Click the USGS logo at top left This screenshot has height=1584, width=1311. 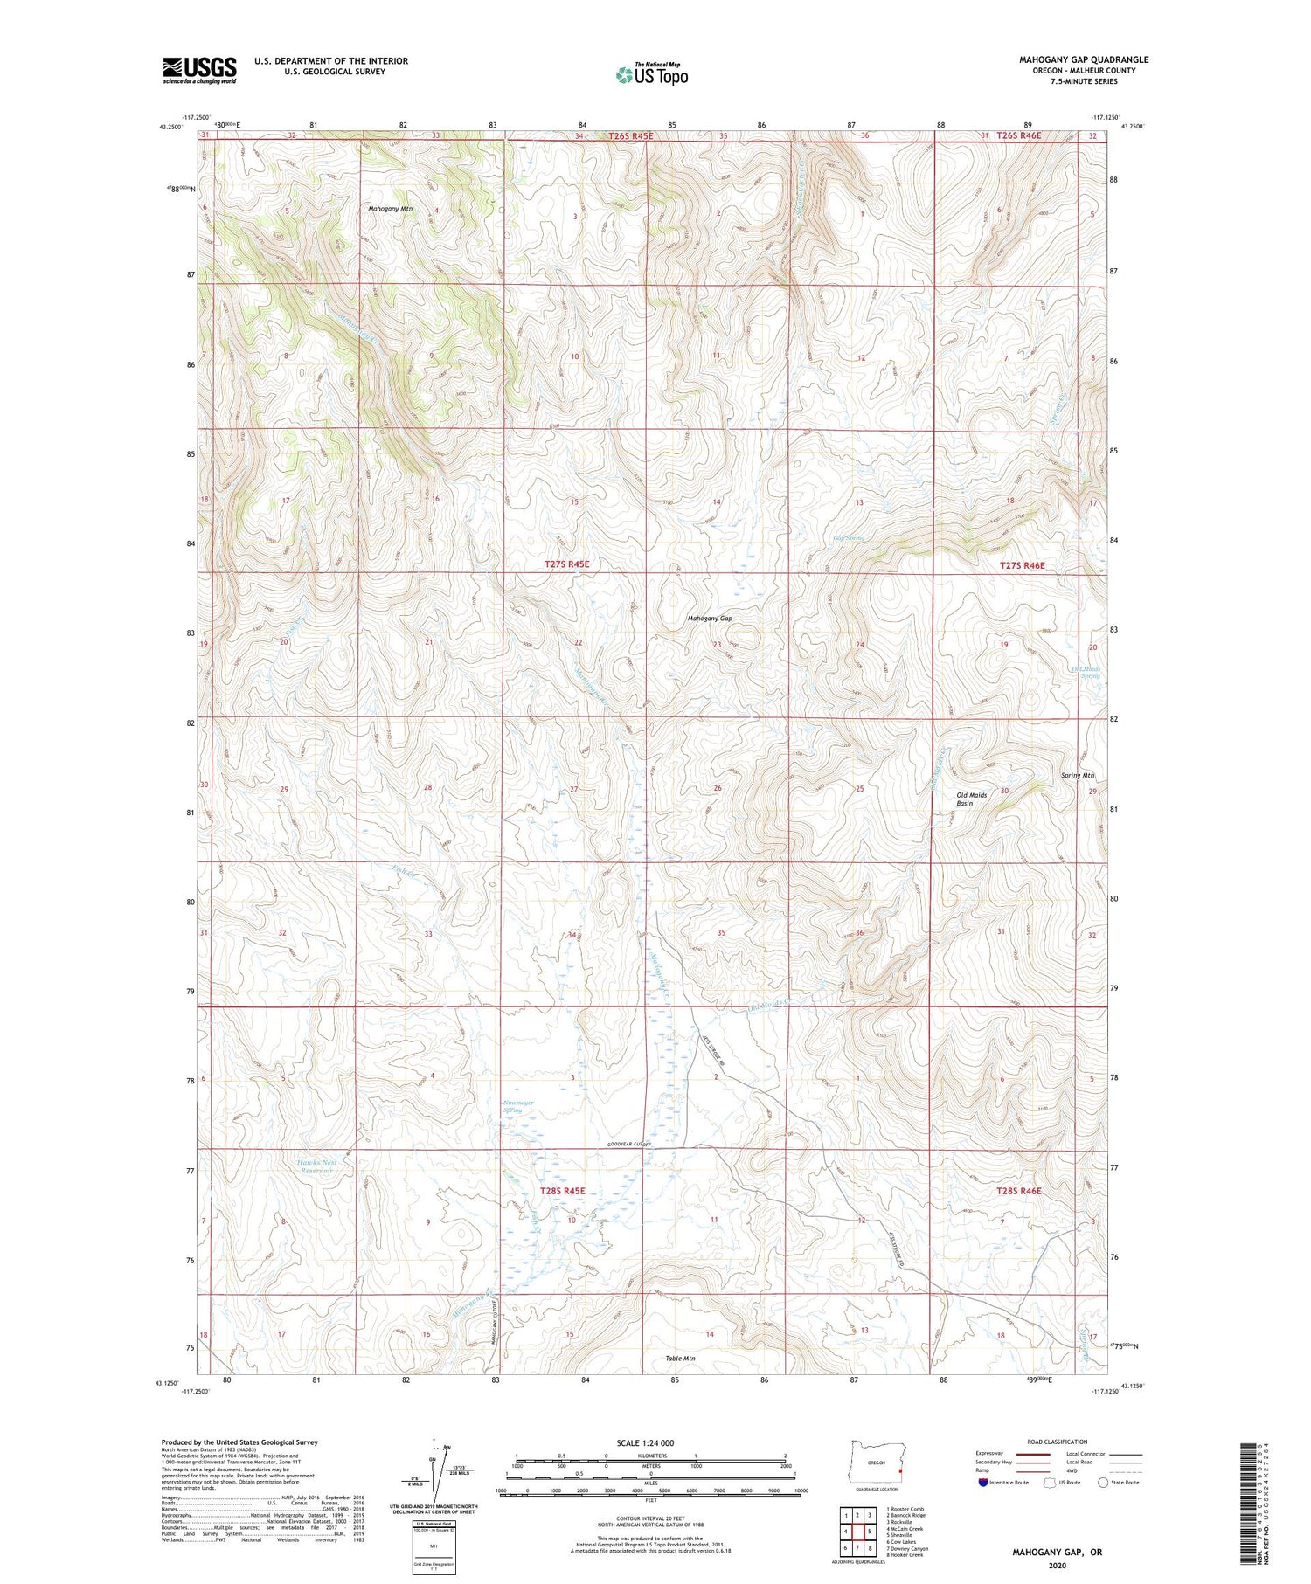tap(199, 70)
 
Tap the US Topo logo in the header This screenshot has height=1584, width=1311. tap(651, 74)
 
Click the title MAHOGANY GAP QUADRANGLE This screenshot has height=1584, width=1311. tap(1083, 59)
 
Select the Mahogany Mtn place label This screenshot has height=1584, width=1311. tap(390, 210)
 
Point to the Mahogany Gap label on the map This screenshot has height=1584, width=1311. tap(710, 618)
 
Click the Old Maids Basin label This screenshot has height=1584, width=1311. tap(971, 799)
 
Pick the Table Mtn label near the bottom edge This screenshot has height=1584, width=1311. tap(679, 1359)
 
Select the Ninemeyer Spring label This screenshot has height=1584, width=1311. tap(519, 1107)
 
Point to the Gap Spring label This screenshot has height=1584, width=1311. tap(848, 538)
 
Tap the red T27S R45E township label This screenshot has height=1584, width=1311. tap(566, 564)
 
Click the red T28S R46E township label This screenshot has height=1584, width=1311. tap(1020, 1191)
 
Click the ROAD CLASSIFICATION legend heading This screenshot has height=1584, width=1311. tap(1058, 1442)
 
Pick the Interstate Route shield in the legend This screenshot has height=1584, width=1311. tap(983, 1483)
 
